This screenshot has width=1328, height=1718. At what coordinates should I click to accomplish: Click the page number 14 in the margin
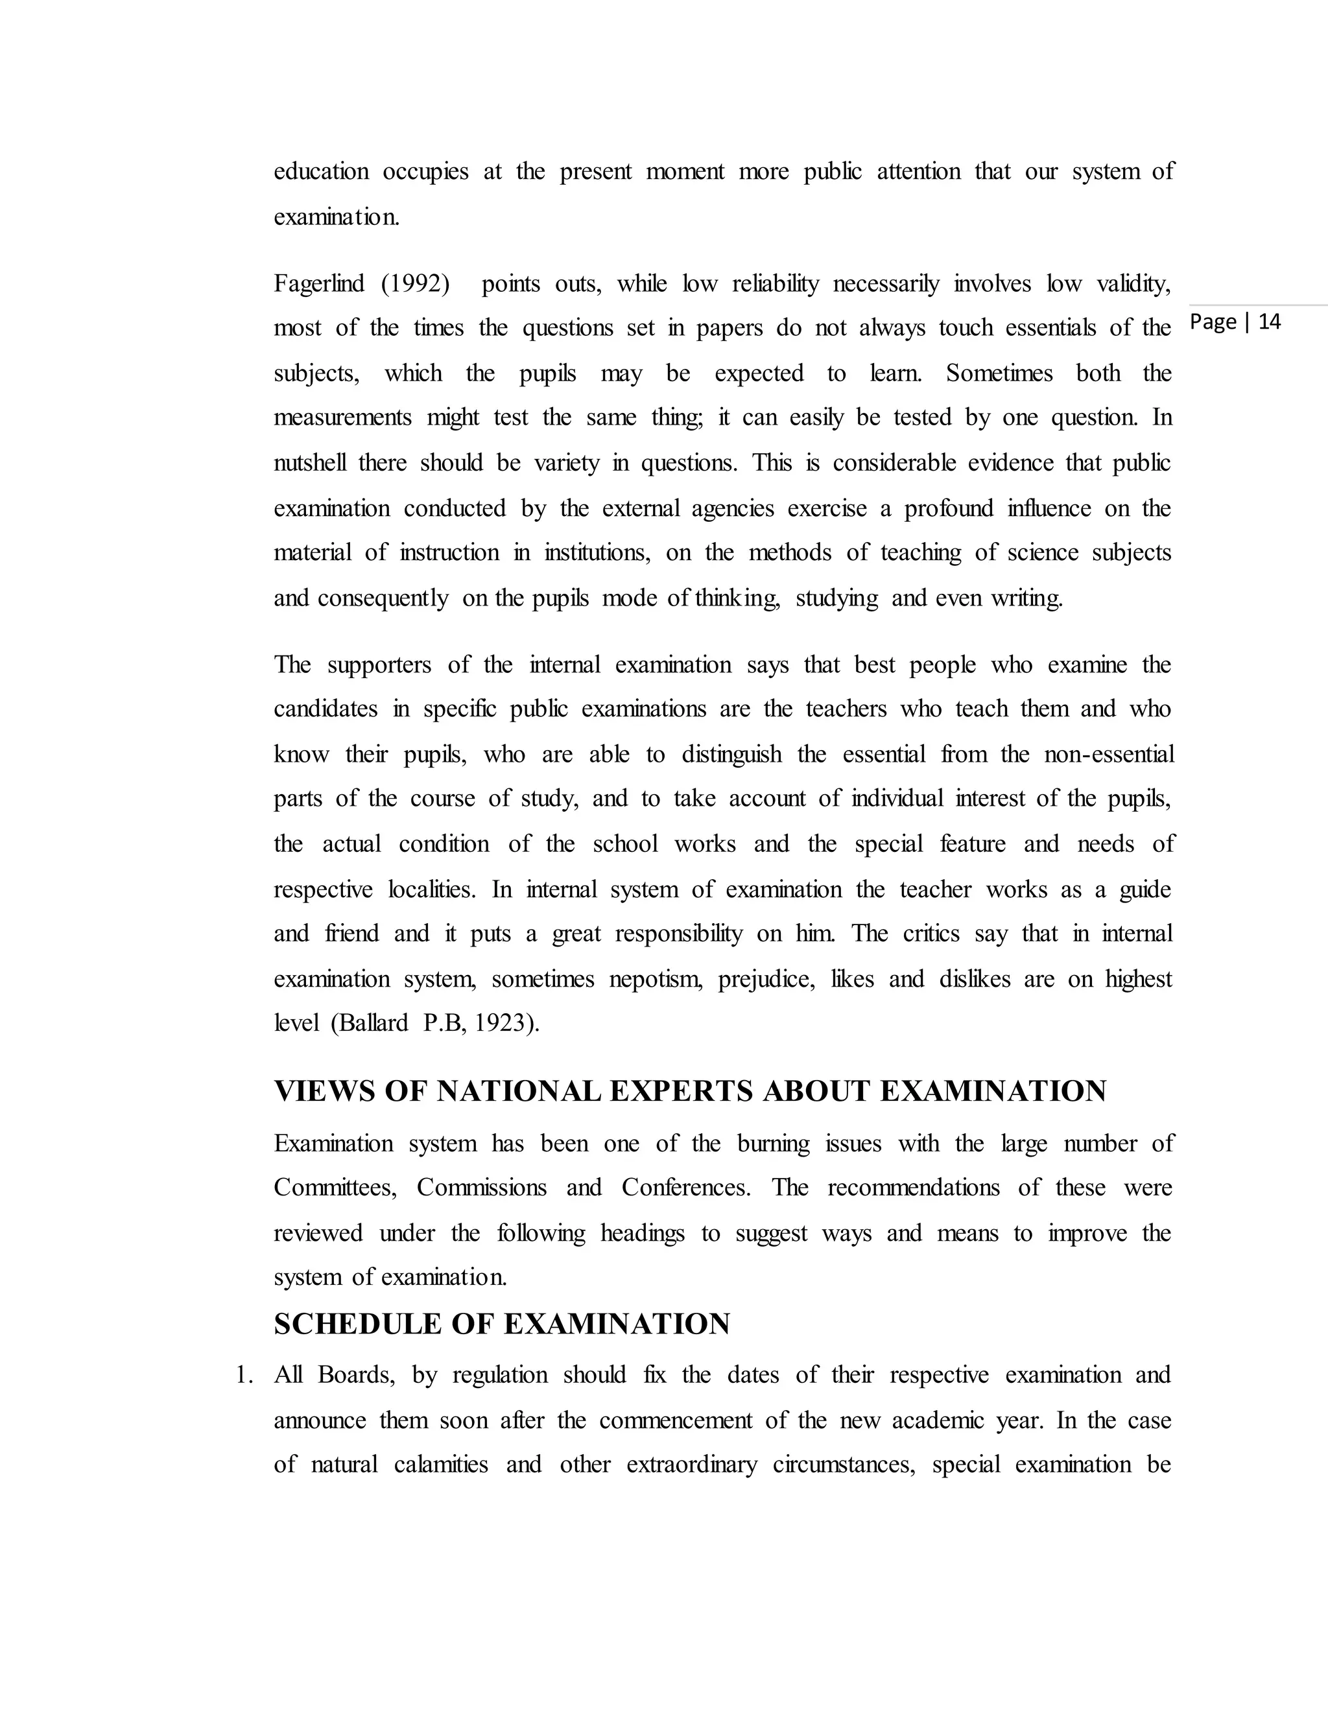(1270, 322)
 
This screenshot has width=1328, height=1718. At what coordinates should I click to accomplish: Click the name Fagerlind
(318, 283)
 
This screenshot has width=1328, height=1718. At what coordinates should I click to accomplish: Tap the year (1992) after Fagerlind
(416, 283)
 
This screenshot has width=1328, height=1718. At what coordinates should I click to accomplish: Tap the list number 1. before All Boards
(244, 1375)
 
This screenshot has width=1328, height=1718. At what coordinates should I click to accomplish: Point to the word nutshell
(309, 462)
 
